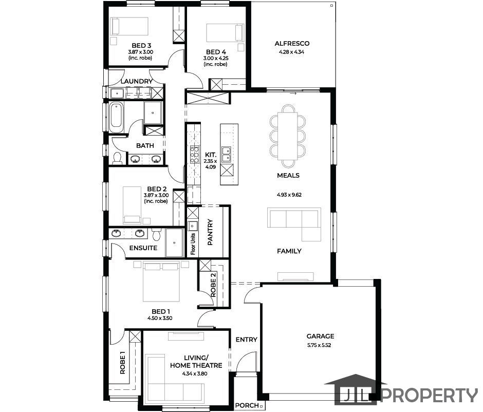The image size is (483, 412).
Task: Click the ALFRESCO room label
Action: [x=292, y=44]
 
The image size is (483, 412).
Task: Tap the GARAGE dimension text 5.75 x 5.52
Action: [x=319, y=345]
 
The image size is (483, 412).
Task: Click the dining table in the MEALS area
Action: [x=288, y=136]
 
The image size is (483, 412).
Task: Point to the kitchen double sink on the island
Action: [x=227, y=155]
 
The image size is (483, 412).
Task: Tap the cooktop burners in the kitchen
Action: [x=194, y=155]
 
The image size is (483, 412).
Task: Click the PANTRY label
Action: [x=210, y=232]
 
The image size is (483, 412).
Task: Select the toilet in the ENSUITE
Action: [x=156, y=234]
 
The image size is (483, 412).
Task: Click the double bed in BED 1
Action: [x=161, y=281]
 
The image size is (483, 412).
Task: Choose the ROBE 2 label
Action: [x=213, y=284]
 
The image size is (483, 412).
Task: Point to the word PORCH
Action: [x=247, y=405]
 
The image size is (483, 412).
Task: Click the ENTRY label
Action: [x=247, y=340]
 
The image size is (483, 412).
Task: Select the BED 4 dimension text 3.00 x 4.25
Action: [x=216, y=58]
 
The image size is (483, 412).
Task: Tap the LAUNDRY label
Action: [x=137, y=81]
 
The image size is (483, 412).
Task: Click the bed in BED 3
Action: [x=129, y=26]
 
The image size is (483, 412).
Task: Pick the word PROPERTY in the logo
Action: [x=430, y=396]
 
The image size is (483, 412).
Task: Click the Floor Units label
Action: [x=193, y=244]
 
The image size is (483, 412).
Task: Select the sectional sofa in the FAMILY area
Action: [x=294, y=224]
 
